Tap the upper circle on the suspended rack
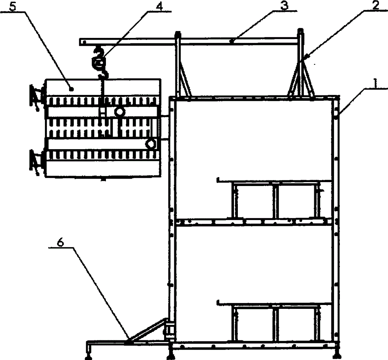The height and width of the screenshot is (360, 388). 119,112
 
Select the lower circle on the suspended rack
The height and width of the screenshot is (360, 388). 150,144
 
